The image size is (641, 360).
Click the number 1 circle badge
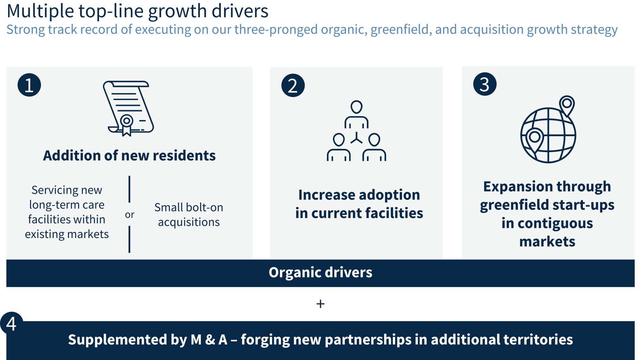point(29,85)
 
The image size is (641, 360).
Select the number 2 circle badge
point(293,86)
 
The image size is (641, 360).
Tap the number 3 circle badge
point(485,84)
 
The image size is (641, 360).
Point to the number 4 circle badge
point(11,323)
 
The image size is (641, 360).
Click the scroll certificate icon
point(128,108)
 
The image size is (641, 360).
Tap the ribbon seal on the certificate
point(126,125)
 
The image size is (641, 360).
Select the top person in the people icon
point(356,114)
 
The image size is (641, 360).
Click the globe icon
point(548,135)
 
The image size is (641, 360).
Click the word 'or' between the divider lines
point(129,215)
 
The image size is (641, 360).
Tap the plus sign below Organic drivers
point(320,304)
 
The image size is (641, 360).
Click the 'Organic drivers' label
point(320,272)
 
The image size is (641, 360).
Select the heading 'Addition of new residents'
point(129,155)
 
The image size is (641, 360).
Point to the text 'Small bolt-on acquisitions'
point(189,215)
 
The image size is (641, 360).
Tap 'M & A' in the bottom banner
point(209,340)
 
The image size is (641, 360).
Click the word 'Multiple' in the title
point(40,11)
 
